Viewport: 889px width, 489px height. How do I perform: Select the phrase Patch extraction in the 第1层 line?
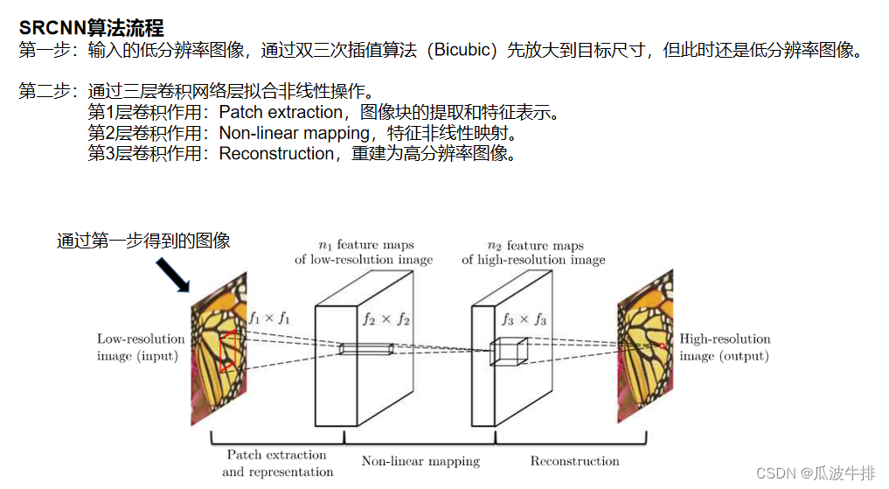[x=281, y=112]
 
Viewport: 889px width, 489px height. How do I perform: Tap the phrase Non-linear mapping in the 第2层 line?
[x=295, y=133]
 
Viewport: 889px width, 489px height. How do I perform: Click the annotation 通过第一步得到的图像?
[x=143, y=241]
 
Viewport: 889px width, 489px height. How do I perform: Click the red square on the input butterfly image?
[x=228, y=352]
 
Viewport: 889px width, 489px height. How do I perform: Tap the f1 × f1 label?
[x=269, y=319]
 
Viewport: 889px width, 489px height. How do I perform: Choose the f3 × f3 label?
[x=524, y=321]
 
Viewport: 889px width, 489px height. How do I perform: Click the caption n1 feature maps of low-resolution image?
[x=363, y=252]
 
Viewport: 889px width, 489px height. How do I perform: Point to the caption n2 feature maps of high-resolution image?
[x=533, y=252]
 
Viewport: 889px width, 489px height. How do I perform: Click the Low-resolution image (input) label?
[x=141, y=347]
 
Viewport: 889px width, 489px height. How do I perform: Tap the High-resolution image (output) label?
[x=725, y=347]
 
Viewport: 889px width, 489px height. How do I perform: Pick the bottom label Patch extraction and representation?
[x=277, y=464]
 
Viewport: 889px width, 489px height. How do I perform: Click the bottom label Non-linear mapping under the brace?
[x=420, y=461]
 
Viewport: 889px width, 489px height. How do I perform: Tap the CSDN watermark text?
[x=815, y=473]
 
